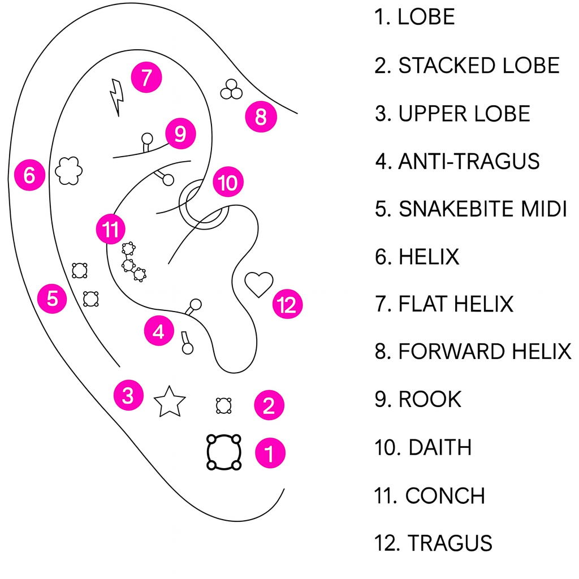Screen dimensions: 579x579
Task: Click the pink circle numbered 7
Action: click(146, 77)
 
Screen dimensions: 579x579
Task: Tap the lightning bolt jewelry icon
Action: click(116, 97)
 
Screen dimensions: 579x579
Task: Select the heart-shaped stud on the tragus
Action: click(259, 284)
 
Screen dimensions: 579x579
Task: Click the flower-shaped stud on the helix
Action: click(70, 170)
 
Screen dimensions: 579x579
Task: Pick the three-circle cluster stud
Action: click(231, 88)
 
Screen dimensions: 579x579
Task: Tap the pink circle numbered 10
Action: click(228, 183)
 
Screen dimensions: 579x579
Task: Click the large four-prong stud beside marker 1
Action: click(224, 452)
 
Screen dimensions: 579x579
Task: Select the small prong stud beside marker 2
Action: click(223, 405)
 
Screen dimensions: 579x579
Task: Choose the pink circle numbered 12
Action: click(287, 305)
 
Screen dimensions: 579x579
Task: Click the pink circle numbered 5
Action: click(52, 298)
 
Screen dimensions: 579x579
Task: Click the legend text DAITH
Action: click(439, 447)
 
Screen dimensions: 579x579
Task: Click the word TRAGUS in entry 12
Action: click(450, 543)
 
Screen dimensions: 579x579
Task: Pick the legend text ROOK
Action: click(430, 399)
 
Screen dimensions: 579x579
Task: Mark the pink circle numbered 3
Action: click(128, 395)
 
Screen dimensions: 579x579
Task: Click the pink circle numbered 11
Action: click(110, 230)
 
